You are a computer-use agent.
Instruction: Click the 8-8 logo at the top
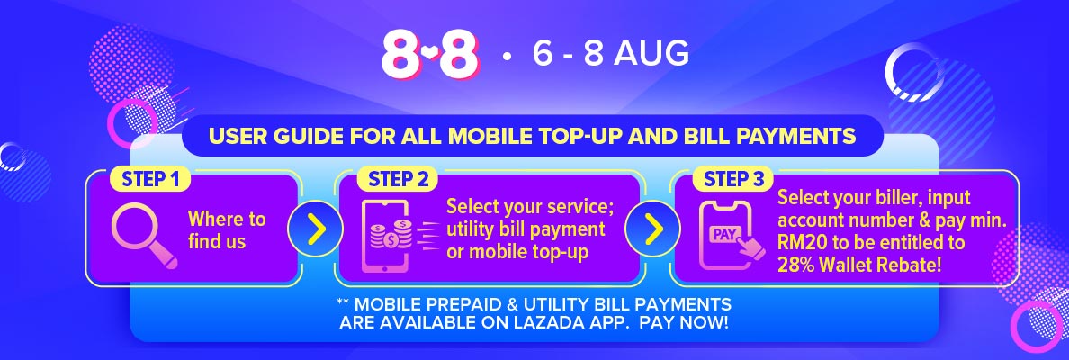point(430,54)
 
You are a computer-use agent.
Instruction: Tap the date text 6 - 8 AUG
point(611,54)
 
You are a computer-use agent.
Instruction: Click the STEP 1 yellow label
point(150,179)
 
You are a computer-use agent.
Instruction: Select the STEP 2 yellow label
point(399,179)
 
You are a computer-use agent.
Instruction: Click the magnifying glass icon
point(144,235)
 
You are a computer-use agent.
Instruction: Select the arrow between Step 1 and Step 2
point(315,229)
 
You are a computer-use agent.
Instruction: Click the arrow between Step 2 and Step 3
point(653,229)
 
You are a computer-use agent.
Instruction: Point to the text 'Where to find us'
point(227,229)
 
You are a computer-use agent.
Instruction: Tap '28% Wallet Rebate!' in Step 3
point(859,265)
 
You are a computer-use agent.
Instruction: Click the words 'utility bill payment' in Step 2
point(526,229)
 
